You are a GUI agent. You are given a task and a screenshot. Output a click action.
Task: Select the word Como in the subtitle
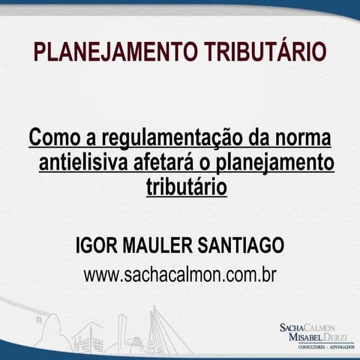pyautogui.click(x=53, y=139)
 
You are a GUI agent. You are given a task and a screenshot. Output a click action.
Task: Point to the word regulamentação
pyautogui.click(x=157, y=139)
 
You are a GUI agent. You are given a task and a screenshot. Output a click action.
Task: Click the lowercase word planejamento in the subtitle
pyautogui.click(x=270, y=162)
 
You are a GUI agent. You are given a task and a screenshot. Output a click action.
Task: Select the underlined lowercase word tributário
pyautogui.click(x=186, y=184)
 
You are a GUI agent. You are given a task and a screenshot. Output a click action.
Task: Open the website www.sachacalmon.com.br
pyautogui.click(x=180, y=274)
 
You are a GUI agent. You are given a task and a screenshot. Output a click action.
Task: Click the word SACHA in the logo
pyautogui.click(x=293, y=328)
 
